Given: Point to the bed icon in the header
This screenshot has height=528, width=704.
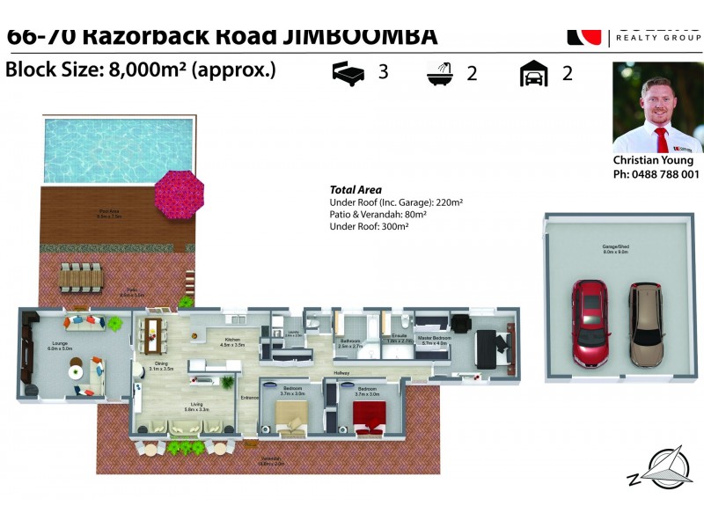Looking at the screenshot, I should (x=349, y=73).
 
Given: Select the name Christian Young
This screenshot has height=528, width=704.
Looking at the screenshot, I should (x=653, y=161).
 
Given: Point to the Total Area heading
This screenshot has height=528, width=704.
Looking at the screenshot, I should (x=356, y=189).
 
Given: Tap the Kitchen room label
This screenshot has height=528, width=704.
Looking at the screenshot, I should (x=232, y=340).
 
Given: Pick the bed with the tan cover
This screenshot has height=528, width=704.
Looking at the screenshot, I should (x=290, y=422).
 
